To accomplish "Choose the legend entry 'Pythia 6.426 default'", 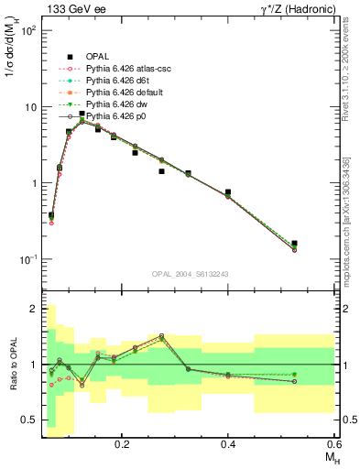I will click(118, 93).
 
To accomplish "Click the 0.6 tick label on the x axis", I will click(333, 442).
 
